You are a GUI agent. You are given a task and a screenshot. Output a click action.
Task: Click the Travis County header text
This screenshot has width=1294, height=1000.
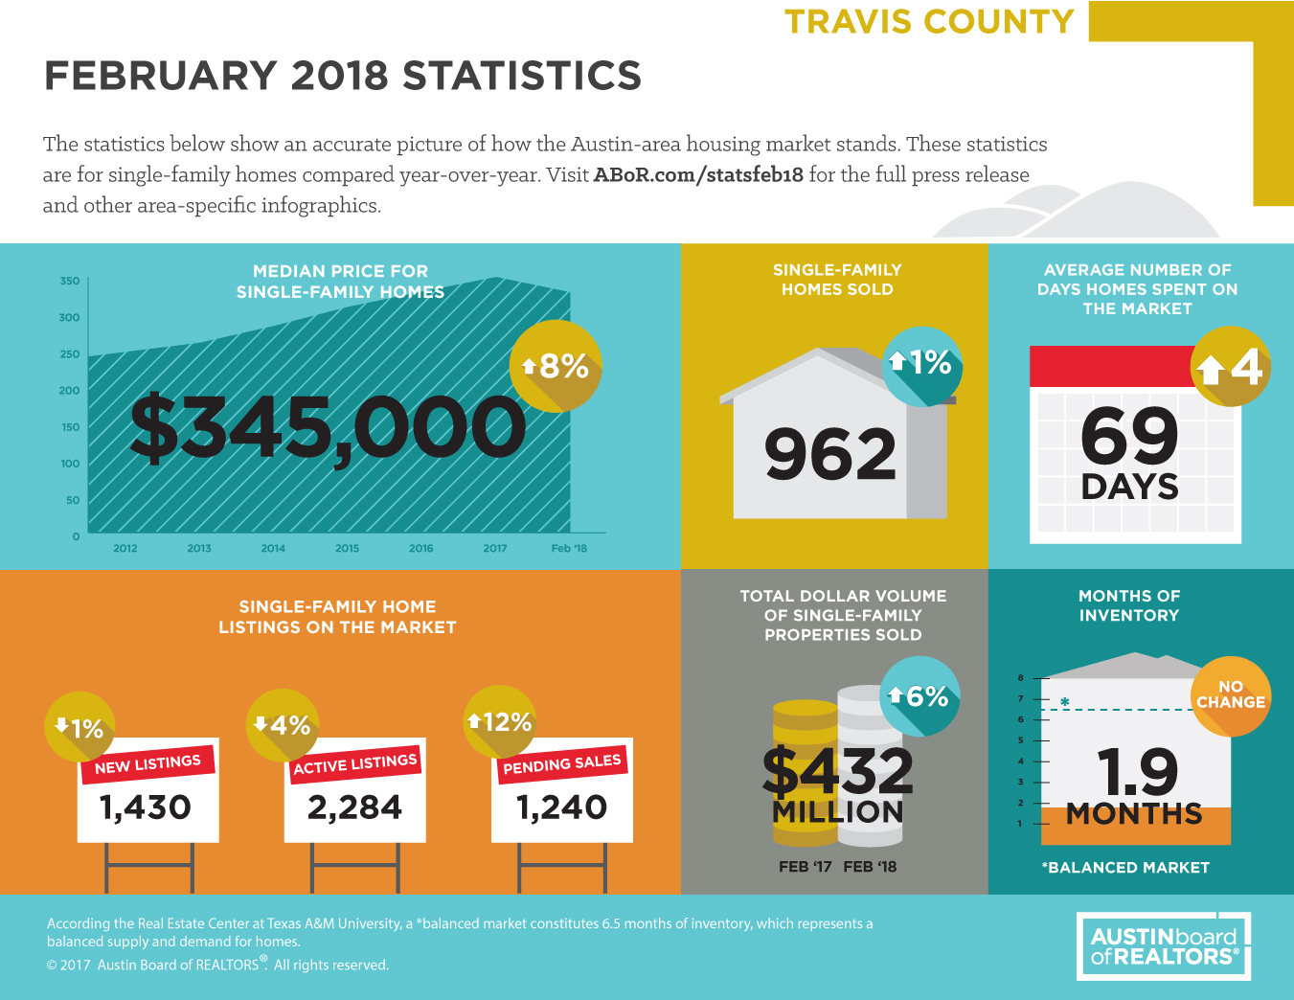[929, 22]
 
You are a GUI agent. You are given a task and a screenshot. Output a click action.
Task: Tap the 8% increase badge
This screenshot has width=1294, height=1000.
[555, 366]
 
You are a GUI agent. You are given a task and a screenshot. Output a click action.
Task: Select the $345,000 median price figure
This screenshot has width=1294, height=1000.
[328, 428]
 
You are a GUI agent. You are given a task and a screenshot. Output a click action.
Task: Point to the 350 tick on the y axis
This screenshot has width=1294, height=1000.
[70, 281]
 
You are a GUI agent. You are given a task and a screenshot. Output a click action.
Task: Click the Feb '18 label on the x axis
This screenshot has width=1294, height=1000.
[569, 548]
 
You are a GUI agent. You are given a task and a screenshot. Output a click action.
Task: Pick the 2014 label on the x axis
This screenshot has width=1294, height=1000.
[273, 548]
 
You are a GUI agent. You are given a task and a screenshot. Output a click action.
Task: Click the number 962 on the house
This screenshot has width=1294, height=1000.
[830, 455]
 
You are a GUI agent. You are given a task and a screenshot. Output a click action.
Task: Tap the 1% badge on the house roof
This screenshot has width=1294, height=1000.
[921, 366]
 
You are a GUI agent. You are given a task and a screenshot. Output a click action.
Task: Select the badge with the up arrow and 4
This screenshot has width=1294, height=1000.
[1230, 367]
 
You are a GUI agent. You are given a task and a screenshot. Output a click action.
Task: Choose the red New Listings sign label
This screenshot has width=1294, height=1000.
[148, 764]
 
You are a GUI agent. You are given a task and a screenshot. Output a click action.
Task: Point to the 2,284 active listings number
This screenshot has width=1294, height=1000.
[354, 807]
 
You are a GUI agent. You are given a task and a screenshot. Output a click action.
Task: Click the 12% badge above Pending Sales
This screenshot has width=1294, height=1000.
[500, 722]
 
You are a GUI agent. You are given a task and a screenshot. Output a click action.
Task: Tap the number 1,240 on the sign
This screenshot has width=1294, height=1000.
[561, 807]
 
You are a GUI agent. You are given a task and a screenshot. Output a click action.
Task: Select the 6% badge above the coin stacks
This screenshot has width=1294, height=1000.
[919, 696]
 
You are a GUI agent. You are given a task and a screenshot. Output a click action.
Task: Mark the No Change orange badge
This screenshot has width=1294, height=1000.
[1230, 696]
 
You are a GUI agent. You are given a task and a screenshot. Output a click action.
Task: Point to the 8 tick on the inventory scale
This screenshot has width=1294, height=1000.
[1021, 678]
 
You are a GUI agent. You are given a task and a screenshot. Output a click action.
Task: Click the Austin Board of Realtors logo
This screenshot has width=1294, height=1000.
[1164, 946]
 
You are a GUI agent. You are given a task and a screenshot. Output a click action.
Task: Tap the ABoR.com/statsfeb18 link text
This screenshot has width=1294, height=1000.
[698, 175]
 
